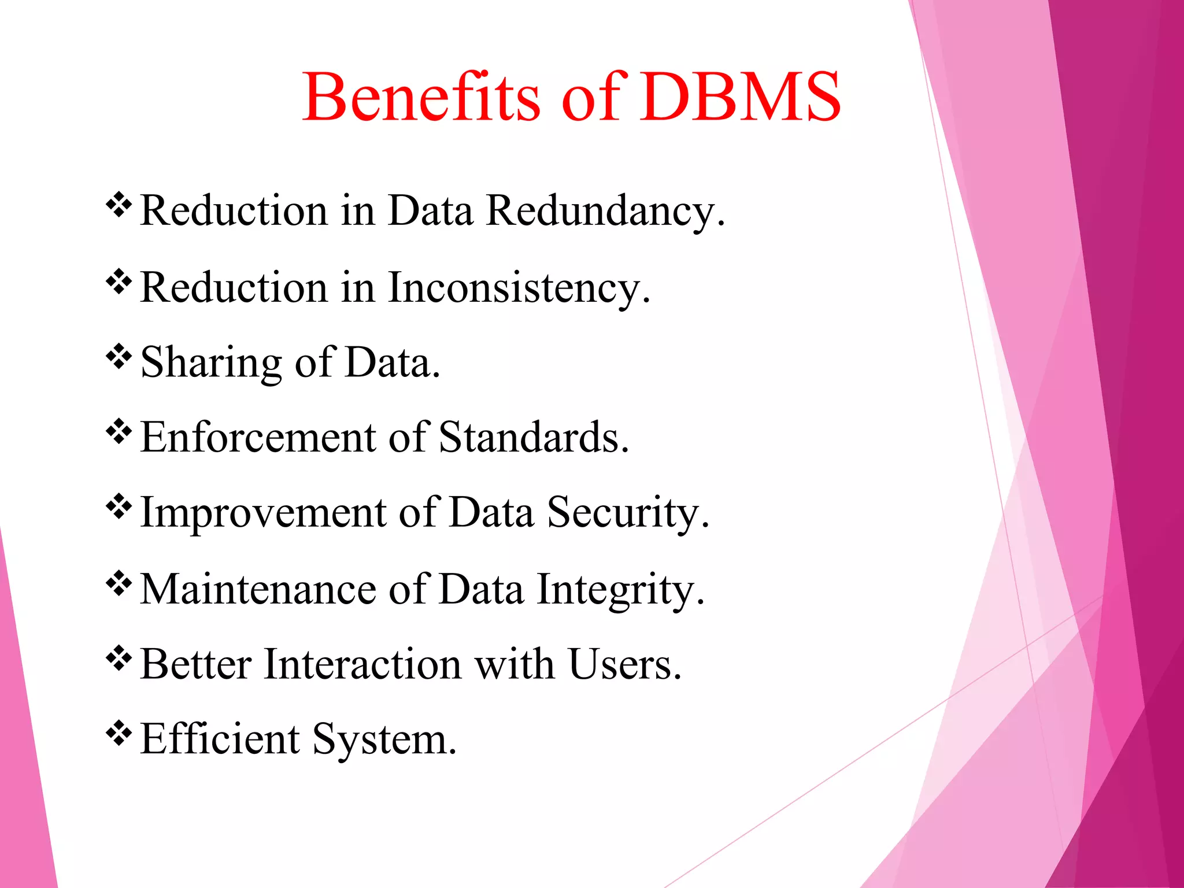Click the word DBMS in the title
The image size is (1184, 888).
click(x=740, y=97)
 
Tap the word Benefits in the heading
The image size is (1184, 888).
click(x=421, y=97)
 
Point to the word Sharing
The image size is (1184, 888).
click(x=211, y=363)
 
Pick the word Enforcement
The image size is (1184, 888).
click(x=258, y=438)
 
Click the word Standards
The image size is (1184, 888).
click(x=534, y=438)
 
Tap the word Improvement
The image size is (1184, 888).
click(x=263, y=513)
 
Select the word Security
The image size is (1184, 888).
click(x=627, y=513)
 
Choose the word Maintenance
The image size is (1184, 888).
click(x=258, y=590)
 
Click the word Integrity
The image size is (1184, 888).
click(x=620, y=590)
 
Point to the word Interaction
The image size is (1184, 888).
click(x=362, y=664)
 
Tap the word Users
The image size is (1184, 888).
click(x=625, y=664)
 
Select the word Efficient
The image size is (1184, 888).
click(x=220, y=739)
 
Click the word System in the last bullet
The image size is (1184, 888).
click(x=384, y=739)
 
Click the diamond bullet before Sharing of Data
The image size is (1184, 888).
click(x=119, y=356)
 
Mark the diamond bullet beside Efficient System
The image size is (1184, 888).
click(x=119, y=733)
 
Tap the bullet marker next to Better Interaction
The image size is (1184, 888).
click(x=119, y=658)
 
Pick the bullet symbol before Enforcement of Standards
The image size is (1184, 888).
click(x=119, y=431)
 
